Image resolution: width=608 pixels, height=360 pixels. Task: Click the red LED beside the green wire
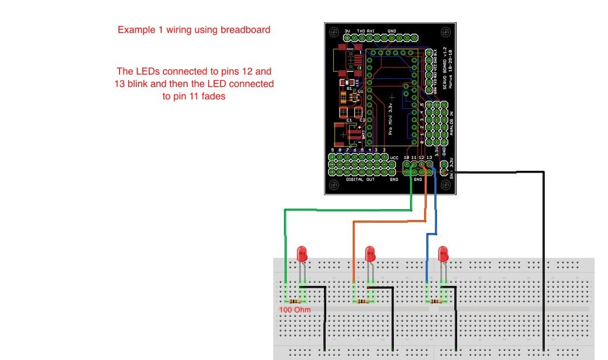coord(302,254)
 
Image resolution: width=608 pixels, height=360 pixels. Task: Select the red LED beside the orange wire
coord(370,254)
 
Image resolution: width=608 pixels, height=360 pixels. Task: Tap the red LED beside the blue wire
coord(443,254)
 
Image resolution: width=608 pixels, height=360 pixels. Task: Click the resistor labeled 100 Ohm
coord(295,301)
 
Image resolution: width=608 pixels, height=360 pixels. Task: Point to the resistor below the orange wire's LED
coord(363,301)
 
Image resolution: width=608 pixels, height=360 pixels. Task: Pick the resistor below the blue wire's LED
coord(436,301)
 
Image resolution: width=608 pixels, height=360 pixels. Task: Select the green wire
coord(346,210)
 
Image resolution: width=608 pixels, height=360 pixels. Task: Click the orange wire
coord(389,222)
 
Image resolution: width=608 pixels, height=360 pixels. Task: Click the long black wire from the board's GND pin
coord(543,243)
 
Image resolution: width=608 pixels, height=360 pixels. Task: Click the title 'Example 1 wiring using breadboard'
coord(194,30)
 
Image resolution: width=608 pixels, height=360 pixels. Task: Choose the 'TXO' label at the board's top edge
coord(361,31)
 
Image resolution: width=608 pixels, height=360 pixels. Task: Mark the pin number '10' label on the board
coord(406,157)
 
